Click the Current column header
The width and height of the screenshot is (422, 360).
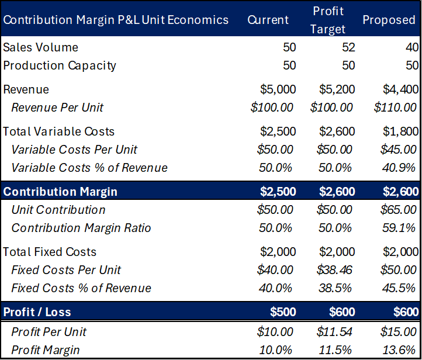(268, 20)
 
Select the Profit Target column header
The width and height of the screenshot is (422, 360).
(328, 20)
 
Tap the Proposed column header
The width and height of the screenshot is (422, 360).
(389, 20)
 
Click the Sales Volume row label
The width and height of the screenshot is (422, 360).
(40, 47)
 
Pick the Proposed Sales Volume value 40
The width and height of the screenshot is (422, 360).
(412, 47)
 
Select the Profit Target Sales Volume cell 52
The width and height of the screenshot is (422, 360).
(348, 47)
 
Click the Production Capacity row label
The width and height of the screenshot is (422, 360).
(60, 65)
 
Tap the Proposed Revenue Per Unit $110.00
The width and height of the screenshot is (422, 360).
(395, 108)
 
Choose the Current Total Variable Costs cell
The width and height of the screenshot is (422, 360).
(278, 131)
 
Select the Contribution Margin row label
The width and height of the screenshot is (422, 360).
(60, 192)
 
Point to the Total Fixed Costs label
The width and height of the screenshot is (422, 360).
(50, 252)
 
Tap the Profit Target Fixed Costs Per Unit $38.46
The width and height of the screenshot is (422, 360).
(334, 270)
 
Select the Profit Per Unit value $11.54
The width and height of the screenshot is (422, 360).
(334, 332)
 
